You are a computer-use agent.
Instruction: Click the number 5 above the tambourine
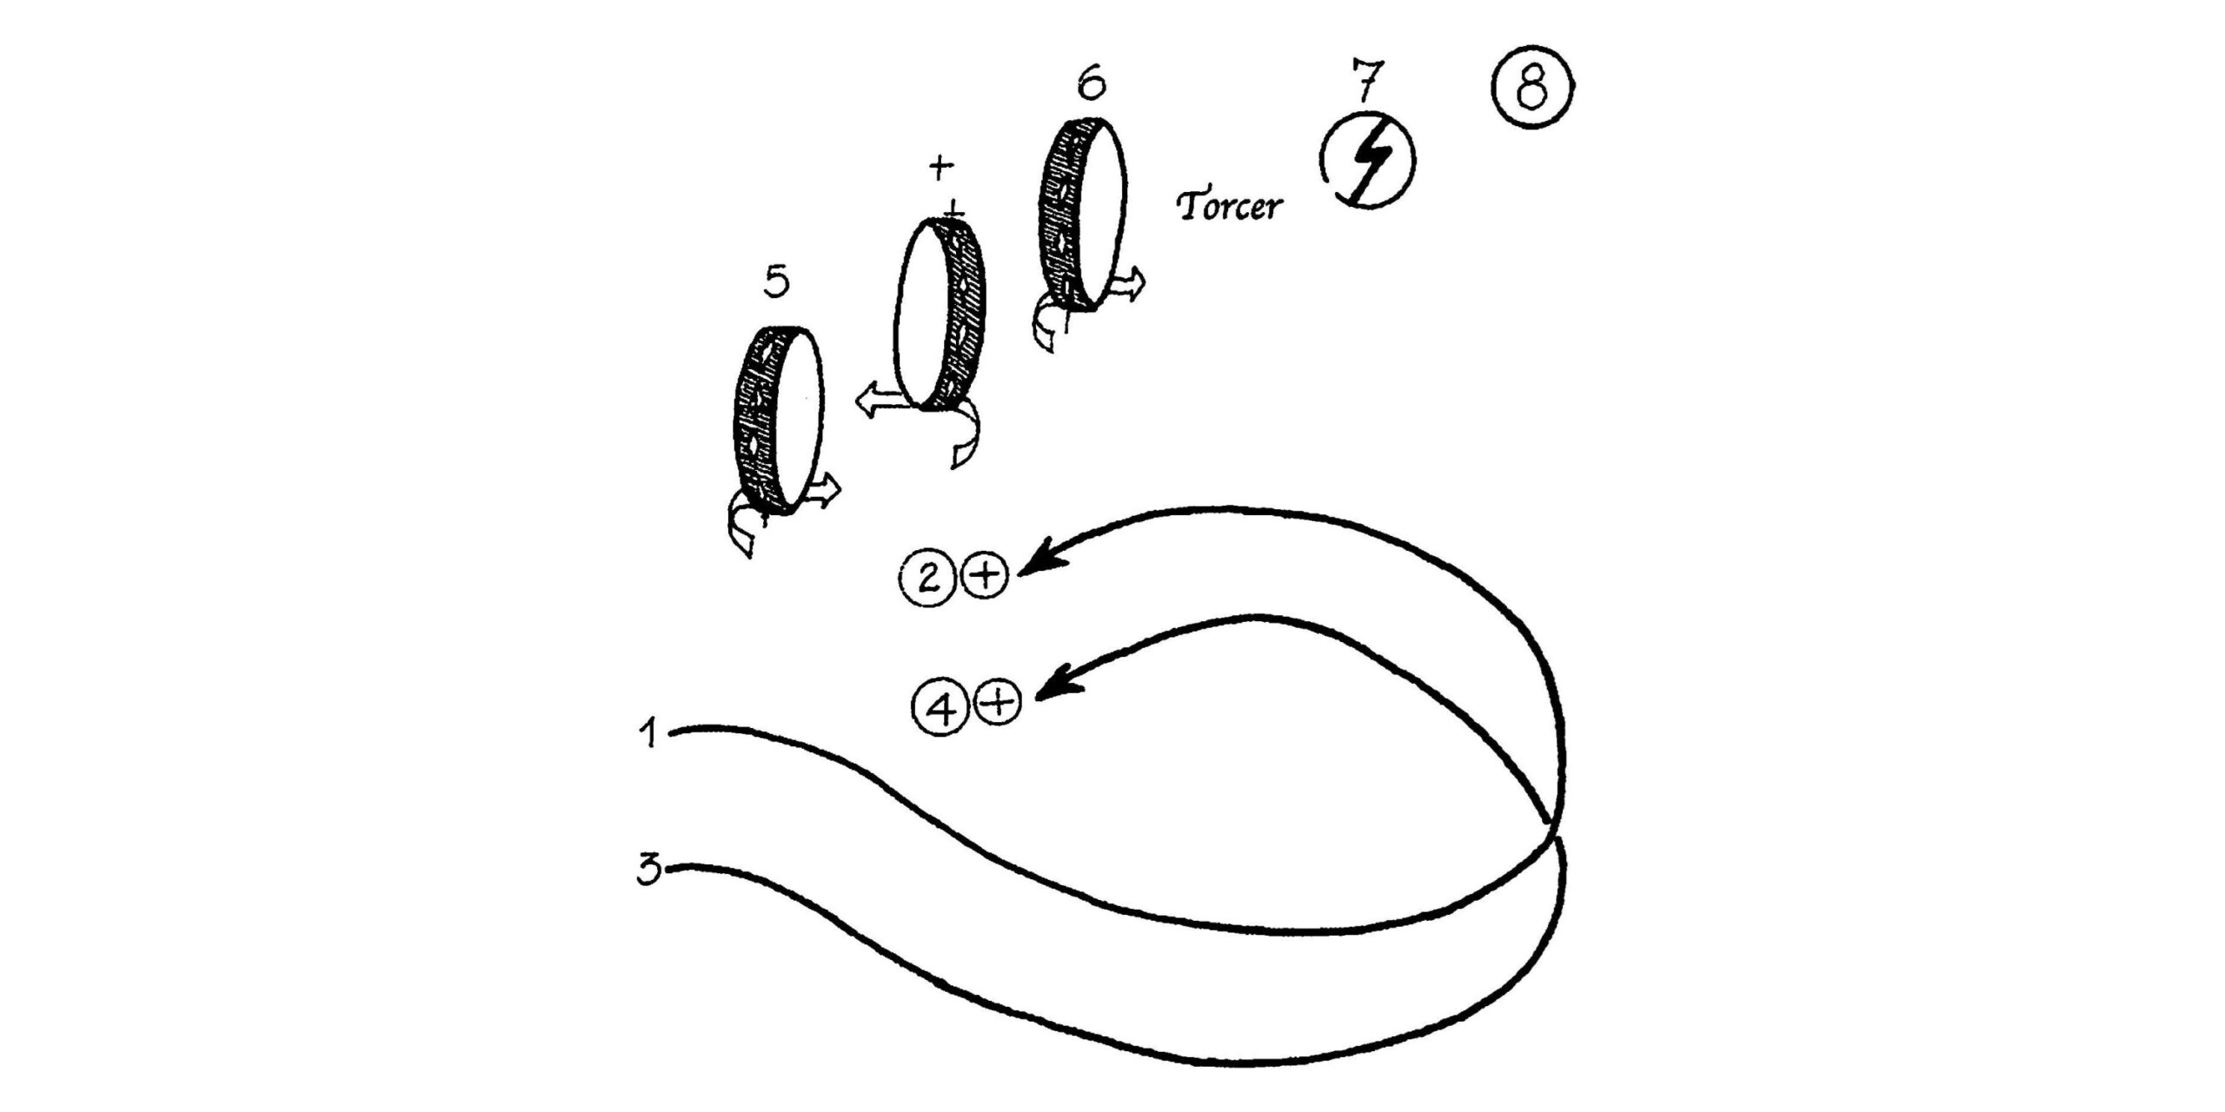coord(776,282)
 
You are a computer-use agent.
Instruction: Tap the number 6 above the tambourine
coord(1092,83)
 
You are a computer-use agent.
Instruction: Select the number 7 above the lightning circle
coord(1366,80)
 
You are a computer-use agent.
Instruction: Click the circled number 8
coord(1534,87)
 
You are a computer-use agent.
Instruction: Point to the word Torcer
coord(1229,207)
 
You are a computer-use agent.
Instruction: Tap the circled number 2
coord(929,578)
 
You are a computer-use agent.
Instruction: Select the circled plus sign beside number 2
coord(983,577)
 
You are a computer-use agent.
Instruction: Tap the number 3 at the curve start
coord(649,870)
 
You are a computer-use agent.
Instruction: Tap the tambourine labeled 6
coord(1083,214)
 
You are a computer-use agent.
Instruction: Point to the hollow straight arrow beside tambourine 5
coord(822,491)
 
